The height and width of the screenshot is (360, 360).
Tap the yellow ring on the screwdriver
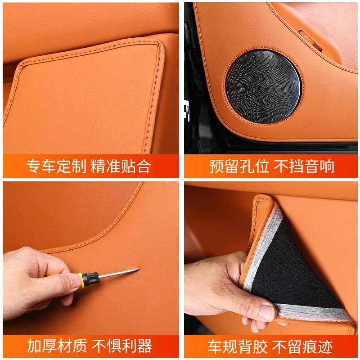tap(81, 280)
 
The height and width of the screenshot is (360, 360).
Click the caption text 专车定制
tap(56, 166)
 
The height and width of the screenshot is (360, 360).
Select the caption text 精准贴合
tap(121, 166)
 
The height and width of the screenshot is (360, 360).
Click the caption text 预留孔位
tap(239, 166)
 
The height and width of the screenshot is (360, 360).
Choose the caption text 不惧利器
tap(121, 346)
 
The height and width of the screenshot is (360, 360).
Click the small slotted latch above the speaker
tap(310, 40)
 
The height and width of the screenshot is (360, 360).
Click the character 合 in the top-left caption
tap(144, 166)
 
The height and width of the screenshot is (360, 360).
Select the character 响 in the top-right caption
tap(327, 166)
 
